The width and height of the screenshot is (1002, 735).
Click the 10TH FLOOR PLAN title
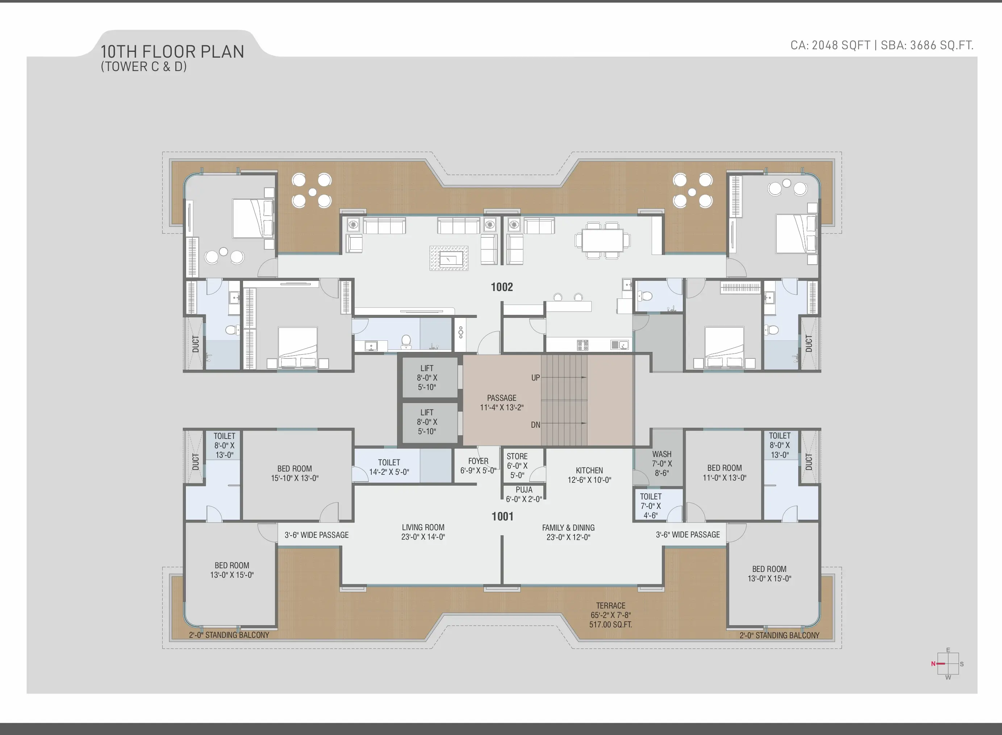click(172, 51)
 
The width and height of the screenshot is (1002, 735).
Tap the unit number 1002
click(502, 287)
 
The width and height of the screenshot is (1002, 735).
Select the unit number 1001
click(502, 516)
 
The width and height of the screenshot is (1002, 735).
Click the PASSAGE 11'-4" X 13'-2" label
click(502, 403)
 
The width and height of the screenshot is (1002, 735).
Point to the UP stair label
click(535, 378)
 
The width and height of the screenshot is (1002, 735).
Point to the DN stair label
click(535, 425)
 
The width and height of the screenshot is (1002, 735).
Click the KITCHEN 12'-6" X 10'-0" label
click(589, 475)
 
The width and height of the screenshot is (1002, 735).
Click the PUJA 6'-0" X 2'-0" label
click(524, 494)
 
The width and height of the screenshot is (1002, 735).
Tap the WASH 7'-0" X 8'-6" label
click(662, 464)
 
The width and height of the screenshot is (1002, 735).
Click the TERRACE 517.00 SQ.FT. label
click(611, 615)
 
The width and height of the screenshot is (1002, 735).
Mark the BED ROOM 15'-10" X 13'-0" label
click(295, 473)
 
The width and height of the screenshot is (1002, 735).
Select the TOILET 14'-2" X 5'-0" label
click(389, 467)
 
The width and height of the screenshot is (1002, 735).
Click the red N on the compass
click(933, 664)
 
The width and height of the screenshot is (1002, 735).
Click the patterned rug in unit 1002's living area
click(449, 258)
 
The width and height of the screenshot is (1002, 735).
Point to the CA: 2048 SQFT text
click(830, 45)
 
